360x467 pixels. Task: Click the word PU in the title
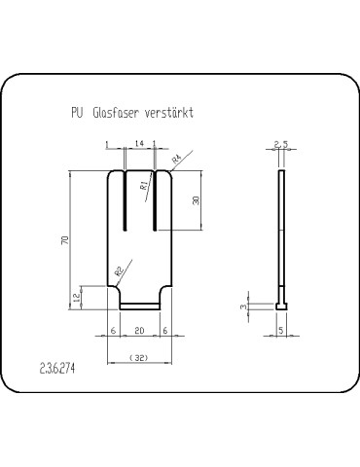pos(77,113)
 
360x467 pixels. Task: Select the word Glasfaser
pos(115,113)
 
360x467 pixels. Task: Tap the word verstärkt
pos(168,113)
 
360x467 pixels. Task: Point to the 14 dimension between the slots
pos(141,144)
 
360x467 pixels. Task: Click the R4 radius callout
pos(176,158)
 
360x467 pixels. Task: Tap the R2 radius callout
pos(119,272)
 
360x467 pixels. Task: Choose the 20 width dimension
pos(140,331)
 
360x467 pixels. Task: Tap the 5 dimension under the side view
pos(281,331)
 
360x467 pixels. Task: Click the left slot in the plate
pos(126,200)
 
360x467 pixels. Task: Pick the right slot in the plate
pos(156,200)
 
